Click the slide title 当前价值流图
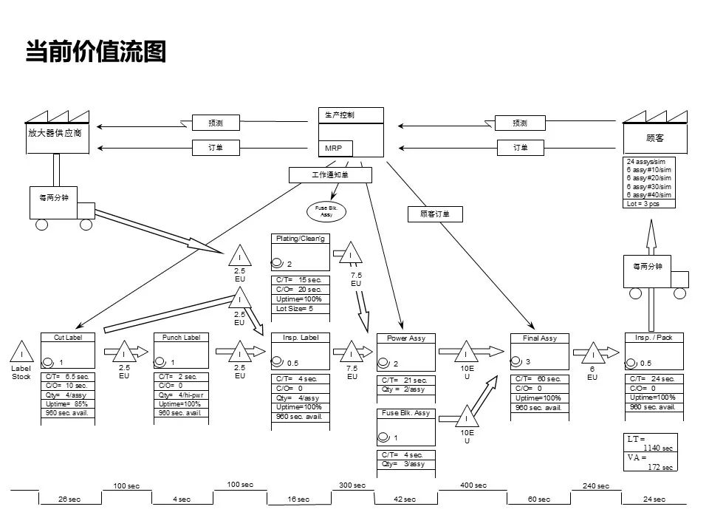(96, 52)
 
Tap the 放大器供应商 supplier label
(55, 133)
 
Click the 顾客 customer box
(655, 138)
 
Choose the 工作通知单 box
(329, 175)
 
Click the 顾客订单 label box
(435, 214)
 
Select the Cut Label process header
(67, 337)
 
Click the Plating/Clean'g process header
(301, 239)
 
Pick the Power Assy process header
(406, 338)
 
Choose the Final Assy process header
(539, 338)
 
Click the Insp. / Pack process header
(654, 337)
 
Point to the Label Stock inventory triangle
(22, 350)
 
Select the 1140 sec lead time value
(657, 448)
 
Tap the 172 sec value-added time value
(660, 467)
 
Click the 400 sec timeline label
(473, 485)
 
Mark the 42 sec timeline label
(405, 499)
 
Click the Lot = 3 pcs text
(643, 203)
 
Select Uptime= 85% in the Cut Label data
(66, 403)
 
